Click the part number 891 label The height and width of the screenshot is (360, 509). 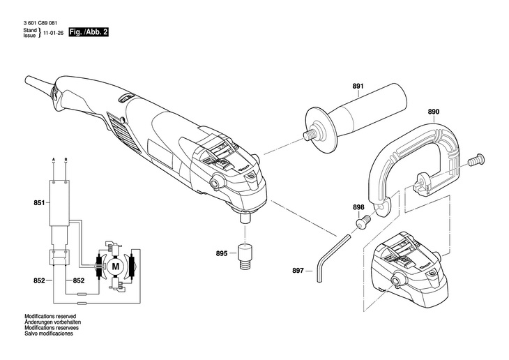point(358,87)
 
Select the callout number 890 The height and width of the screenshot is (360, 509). point(433,111)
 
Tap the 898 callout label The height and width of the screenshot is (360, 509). point(358,207)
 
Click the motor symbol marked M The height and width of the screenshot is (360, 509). point(116,266)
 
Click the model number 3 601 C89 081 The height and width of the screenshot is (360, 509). point(39,24)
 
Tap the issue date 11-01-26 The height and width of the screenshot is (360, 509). point(52,33)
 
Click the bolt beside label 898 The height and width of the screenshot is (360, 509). point(362,223)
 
